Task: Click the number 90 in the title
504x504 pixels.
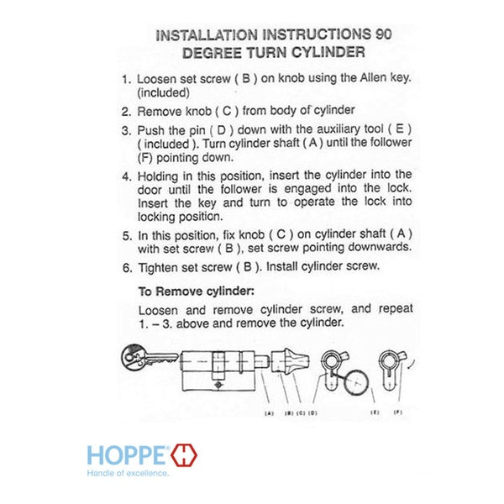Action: coord(383,34)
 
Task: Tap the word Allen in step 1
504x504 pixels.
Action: coord(373,77)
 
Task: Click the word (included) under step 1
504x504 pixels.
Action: coord(163,93)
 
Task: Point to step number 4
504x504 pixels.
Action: coord(127,176)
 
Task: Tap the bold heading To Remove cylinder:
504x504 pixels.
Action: coord(197,291)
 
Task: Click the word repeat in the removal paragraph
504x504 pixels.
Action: coord(396,308)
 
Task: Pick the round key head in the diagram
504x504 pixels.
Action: coord(133,358)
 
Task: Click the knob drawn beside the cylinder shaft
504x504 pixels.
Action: coord(291,360)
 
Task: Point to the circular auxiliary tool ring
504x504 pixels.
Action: coord(356,382)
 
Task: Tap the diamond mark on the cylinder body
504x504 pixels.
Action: coord(218,385)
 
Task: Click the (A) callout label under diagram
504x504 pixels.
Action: coord(269,413)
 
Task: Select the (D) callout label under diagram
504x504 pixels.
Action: coord(312,412)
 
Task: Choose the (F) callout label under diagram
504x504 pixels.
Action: coord(398,412)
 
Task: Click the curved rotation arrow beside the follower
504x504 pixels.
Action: coord(412,365)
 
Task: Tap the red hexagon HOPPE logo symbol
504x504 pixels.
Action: coord(184,454)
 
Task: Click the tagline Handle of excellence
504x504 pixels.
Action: coord(128,473)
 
